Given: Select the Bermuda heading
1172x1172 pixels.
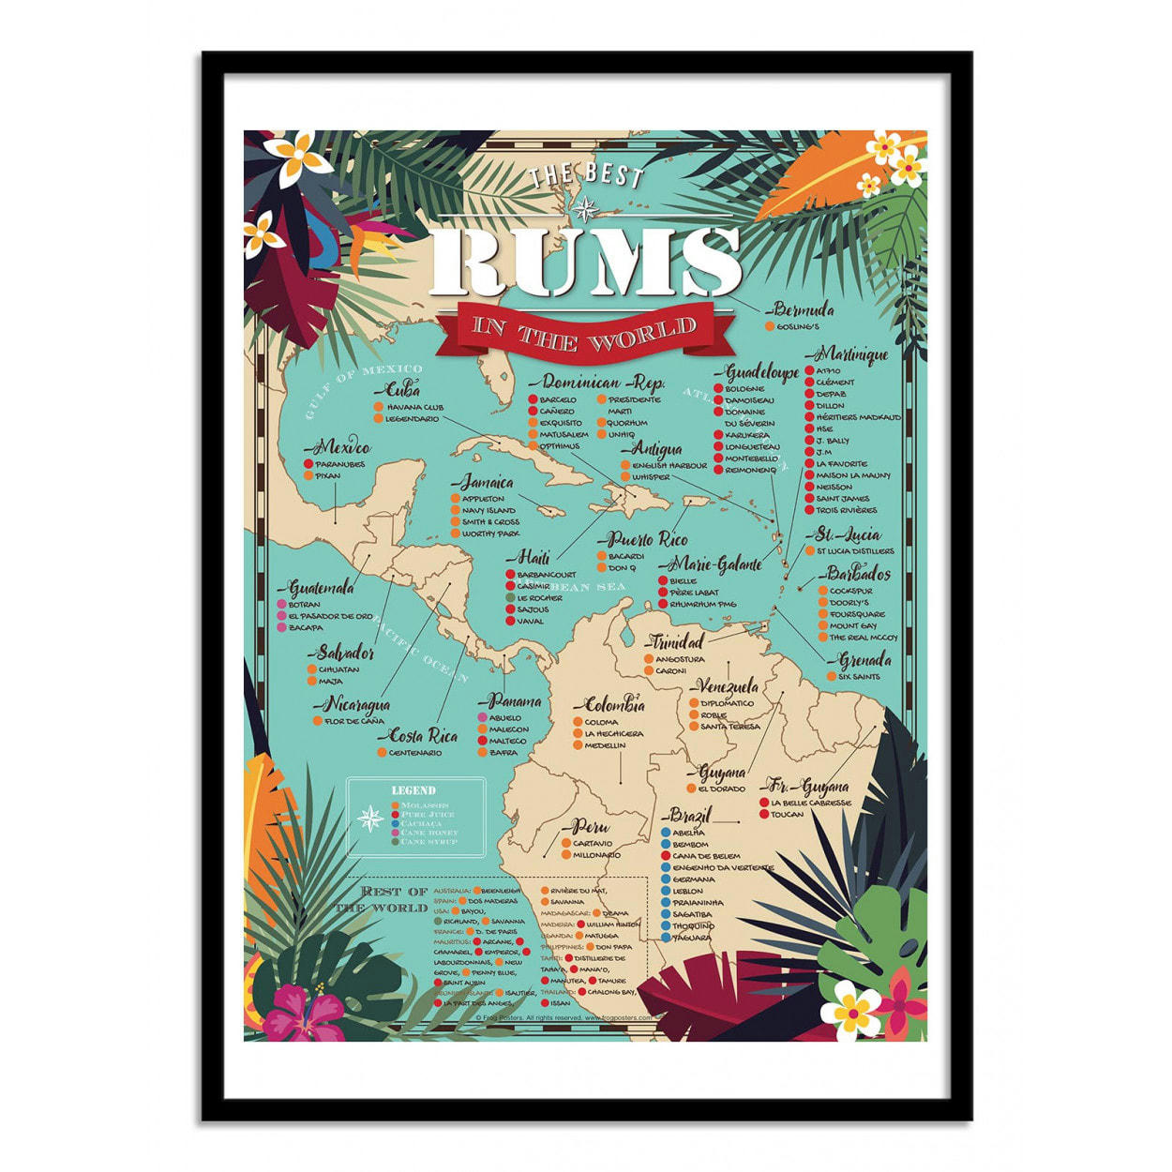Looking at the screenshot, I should [x=804, y=309].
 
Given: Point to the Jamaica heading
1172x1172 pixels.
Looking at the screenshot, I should [x=486, y=483].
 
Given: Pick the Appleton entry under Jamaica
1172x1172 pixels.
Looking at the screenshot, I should [x=483, y=499].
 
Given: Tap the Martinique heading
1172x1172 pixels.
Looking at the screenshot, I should [x=852, y=354].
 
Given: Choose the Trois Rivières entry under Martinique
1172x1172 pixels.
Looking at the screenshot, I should [x=847, y=510].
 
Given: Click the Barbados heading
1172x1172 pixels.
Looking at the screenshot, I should [x=858, y=574].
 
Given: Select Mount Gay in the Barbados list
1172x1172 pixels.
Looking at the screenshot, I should [x=852, y=625].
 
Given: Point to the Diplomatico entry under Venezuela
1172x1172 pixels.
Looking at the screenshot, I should [x=727, y=703].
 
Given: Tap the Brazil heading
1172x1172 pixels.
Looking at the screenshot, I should [x=691, y=814].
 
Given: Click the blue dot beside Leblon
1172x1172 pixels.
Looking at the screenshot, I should [x=666, y=891].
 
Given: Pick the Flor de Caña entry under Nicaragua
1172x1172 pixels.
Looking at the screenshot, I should [x=353, y=721].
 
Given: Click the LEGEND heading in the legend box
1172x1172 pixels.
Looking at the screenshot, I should [x=413, y=790].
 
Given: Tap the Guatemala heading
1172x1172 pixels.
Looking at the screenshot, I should [x=322, y=588].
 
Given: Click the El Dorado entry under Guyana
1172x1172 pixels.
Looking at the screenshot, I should [x=722, y=789].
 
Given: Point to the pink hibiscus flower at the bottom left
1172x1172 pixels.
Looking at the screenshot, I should [x=302, y=1014].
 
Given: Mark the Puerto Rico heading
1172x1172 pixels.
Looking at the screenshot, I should [x=648, y=540].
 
